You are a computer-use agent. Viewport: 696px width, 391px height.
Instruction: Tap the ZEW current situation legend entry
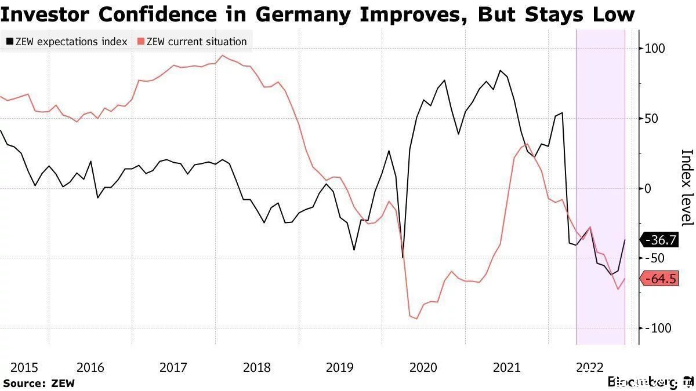click(x=192, y=42)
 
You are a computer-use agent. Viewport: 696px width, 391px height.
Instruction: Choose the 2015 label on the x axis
click(x=24, y=367)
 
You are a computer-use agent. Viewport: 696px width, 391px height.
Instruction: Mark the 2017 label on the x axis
click(x=173, y=367)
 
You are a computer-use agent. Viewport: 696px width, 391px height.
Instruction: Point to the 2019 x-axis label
click(x=340, y=367)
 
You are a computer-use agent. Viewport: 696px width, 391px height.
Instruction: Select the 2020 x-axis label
click(x=423, y=367)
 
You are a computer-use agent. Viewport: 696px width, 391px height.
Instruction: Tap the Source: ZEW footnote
click(x=39, y=383)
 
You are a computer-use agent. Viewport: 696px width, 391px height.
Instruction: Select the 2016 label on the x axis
click(x=90, y=367)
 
